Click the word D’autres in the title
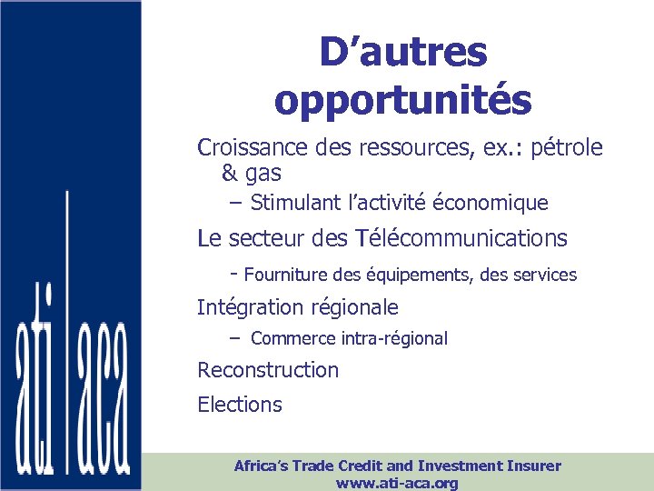402,53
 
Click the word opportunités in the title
402,100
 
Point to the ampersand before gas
229,173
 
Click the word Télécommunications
464,239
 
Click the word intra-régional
394,338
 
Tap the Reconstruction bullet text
268,370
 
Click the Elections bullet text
240,405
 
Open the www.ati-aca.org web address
397,483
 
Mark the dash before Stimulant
237,203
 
